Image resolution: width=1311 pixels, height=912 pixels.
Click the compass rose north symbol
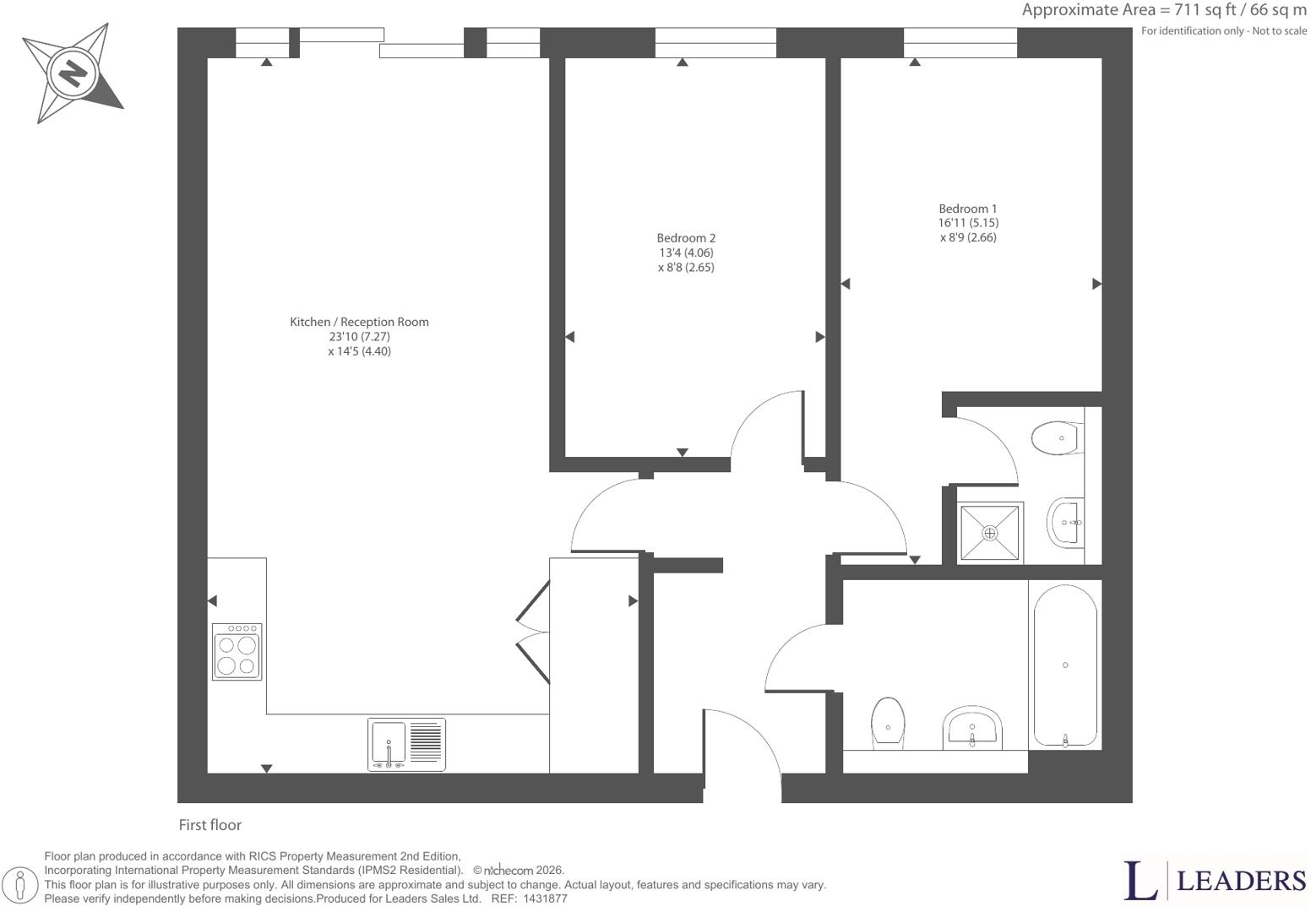pyautogui.click(x=73, y=73)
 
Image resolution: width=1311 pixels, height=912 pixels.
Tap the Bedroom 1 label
pyautogui.click(x=967, y=209)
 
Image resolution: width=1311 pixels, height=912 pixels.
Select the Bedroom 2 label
pyautogui.click(x=686, y=238)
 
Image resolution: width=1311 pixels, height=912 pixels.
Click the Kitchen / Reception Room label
pyautogui.click(x=359, y=322)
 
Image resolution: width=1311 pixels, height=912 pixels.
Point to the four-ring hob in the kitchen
pyautogui.click(x=237, y=651)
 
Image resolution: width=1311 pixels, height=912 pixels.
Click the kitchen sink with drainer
pyautogui.click(x=407, y=744)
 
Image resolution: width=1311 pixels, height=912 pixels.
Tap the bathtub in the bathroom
pyautogui.click(x=1065, y=665)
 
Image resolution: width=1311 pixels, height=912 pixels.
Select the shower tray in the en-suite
pyautogui.click(x=990, y=532)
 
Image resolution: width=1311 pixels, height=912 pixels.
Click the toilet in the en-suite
pyautogui.click(x=1058, y=437)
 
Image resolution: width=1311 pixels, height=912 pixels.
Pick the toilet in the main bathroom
pyautogui.click(x=888, y=723)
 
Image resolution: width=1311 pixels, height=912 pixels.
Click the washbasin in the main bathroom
pyautogui.click(x=972, y=727)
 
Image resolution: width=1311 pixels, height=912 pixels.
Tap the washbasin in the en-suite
pyautogui.click(x=1065, y=523)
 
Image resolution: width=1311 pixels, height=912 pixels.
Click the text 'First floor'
pyautogui.click(x=210, y=825)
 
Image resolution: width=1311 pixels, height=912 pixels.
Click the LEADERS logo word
pyautogui.click(x=1242, y=881)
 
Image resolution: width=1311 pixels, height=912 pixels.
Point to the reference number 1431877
pyautogui.click(x=545, y=898)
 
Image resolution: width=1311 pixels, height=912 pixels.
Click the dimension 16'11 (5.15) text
pyautogui.click(x=968, y=223)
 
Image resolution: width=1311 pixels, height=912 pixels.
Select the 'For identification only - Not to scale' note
pyautogui.click(x=1224, y=31)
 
